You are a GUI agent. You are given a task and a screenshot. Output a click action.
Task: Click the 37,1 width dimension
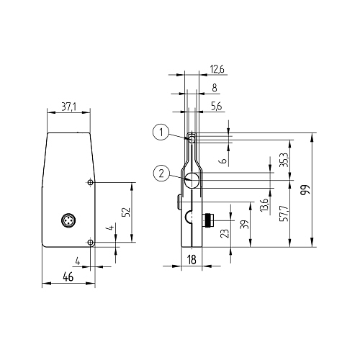(x=69, y=107)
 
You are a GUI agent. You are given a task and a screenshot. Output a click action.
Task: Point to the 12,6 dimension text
(x=217, y=69)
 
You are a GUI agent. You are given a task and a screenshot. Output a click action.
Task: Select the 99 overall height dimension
(x=305, y=190)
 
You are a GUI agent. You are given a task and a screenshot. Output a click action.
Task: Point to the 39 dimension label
(x=246, y=225)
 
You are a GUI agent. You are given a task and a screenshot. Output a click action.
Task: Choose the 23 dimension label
(x=225, y=233)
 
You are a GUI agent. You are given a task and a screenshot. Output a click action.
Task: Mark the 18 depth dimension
(x=192, y=260)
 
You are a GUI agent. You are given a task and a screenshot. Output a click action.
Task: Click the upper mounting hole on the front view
(x=89, y=183)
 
